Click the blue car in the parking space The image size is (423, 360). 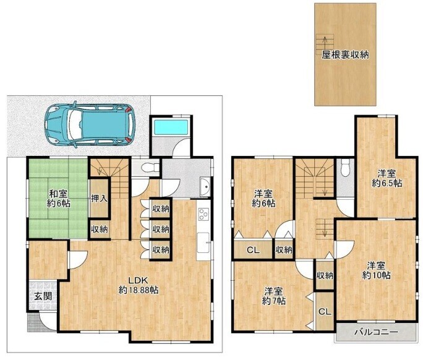click(x=90, y=125)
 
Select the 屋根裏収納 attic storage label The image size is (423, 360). click(x=345, y=55)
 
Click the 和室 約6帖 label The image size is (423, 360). click(x=59, y=199)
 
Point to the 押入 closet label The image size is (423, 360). click(x=100, y=199)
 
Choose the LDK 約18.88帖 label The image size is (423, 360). click(x=139, y=285)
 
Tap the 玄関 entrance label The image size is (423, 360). click(x=43, y=296)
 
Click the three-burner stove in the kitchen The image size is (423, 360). click(x=203, y=215)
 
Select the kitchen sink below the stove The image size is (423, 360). click(x=203, y=242)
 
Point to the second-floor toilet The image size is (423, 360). click(x=345, y=167)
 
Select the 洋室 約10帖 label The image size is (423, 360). click(x=377, y=270)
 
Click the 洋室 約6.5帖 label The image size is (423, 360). click(x=387, y=178)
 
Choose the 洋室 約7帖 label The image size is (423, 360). click(x=274, y=296)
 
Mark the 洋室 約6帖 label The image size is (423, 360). click(x=263, y=199)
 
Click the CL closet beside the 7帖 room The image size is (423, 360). click(x=325, y=312)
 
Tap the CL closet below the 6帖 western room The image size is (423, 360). click(x=254, y=250)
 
